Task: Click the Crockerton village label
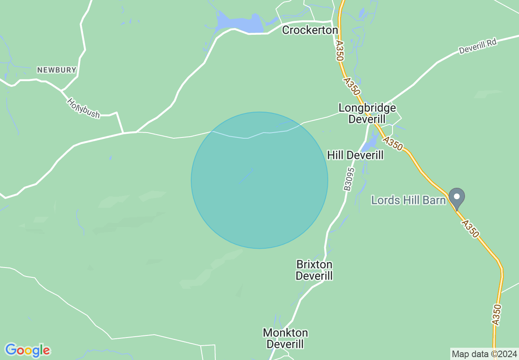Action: tap(310, 30)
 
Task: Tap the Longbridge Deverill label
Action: tap(367, 113)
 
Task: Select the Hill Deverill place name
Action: tap(355, 155)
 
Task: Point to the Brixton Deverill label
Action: tap(314, 270)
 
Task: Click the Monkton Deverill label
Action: tap(285, 338)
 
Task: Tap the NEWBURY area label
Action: tap(56, 70)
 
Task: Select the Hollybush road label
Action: tap(83, 108)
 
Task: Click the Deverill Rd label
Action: tap(477, 46)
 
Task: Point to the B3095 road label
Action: tap(348, 179)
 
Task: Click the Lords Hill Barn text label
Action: tap(408, 200)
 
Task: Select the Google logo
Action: tap(27, 350)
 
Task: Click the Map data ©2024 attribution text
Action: tap(484, 354)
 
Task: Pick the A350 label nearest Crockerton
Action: tap(339, 51)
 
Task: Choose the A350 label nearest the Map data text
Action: tap(496, 315)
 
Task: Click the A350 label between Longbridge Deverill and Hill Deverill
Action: tap(393, 144)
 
